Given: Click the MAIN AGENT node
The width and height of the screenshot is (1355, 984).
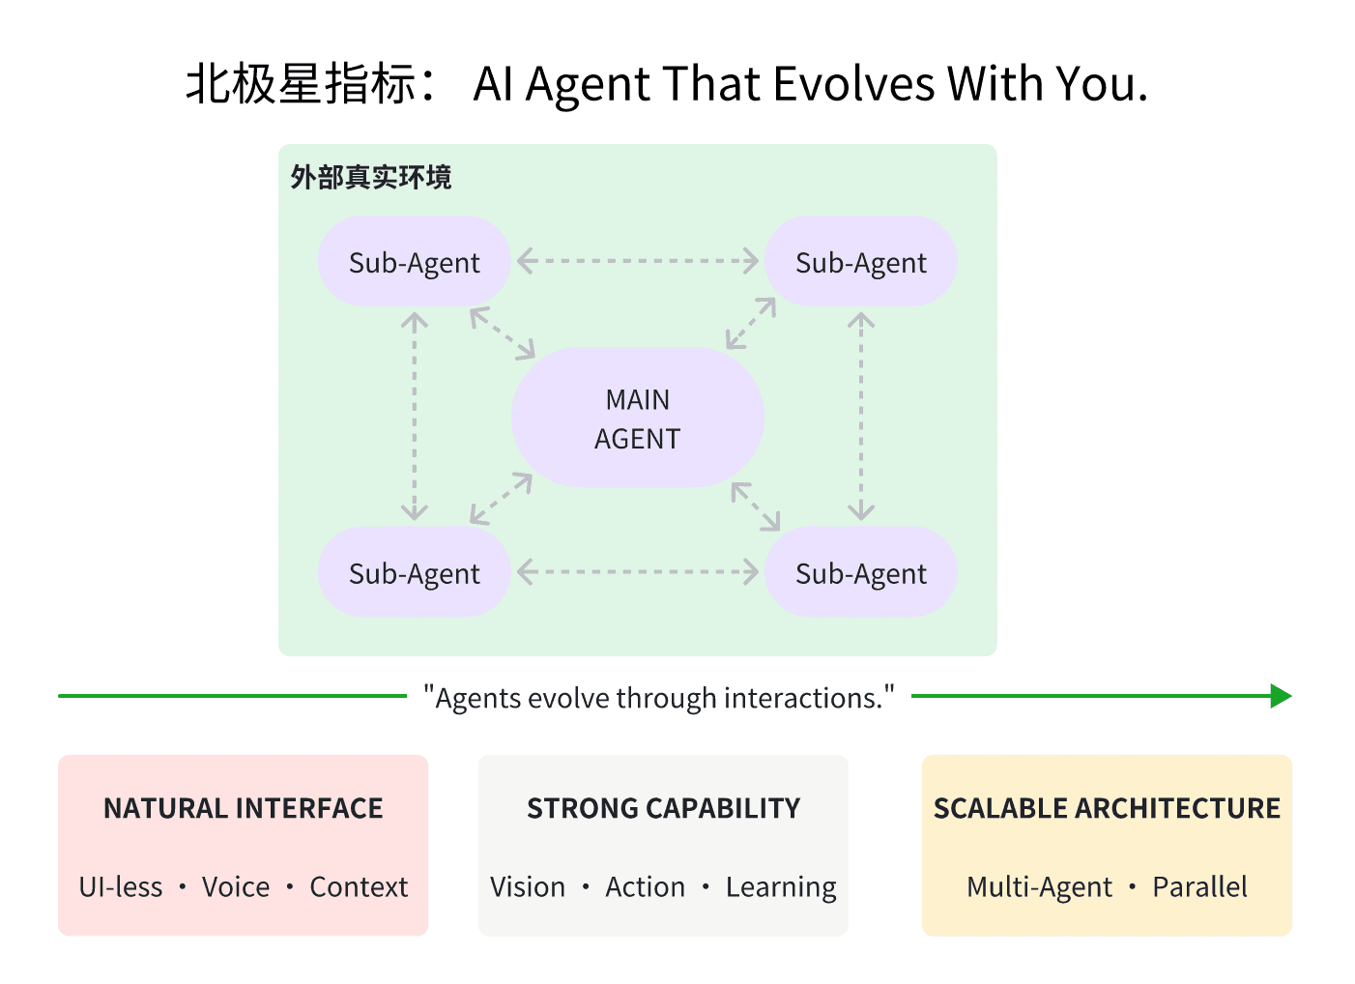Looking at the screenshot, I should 638,418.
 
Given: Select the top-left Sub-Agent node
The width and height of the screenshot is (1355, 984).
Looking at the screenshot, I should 414,262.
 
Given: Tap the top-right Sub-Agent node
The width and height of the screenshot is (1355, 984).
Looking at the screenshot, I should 860,262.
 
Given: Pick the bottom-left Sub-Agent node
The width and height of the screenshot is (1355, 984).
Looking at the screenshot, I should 414,573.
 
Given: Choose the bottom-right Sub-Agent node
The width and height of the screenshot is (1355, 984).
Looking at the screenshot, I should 860,573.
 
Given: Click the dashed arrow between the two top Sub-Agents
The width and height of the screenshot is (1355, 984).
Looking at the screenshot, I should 638,261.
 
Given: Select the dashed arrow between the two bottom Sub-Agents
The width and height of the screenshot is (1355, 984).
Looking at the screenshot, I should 638,572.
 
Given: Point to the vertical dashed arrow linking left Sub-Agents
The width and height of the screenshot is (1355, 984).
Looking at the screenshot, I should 415,417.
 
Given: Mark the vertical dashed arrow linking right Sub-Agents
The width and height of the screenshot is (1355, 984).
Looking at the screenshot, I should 861,417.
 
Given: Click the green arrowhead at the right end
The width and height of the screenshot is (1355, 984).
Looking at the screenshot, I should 1281,696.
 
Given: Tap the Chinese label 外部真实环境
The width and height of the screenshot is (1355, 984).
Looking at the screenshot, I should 371,178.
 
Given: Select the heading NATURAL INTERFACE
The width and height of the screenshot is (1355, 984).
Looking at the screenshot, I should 244,808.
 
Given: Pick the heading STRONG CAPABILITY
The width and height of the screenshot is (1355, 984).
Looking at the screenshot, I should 664,808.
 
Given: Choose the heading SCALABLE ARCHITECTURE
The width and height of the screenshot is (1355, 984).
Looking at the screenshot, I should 1107,808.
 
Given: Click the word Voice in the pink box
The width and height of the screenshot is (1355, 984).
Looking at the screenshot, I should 236,887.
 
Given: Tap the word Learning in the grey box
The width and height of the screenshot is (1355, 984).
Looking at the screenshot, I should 781,887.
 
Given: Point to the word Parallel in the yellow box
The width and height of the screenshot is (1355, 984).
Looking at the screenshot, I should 1199,887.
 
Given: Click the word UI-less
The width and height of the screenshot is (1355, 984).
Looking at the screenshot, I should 121,887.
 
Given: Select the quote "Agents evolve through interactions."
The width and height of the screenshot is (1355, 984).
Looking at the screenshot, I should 659,698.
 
